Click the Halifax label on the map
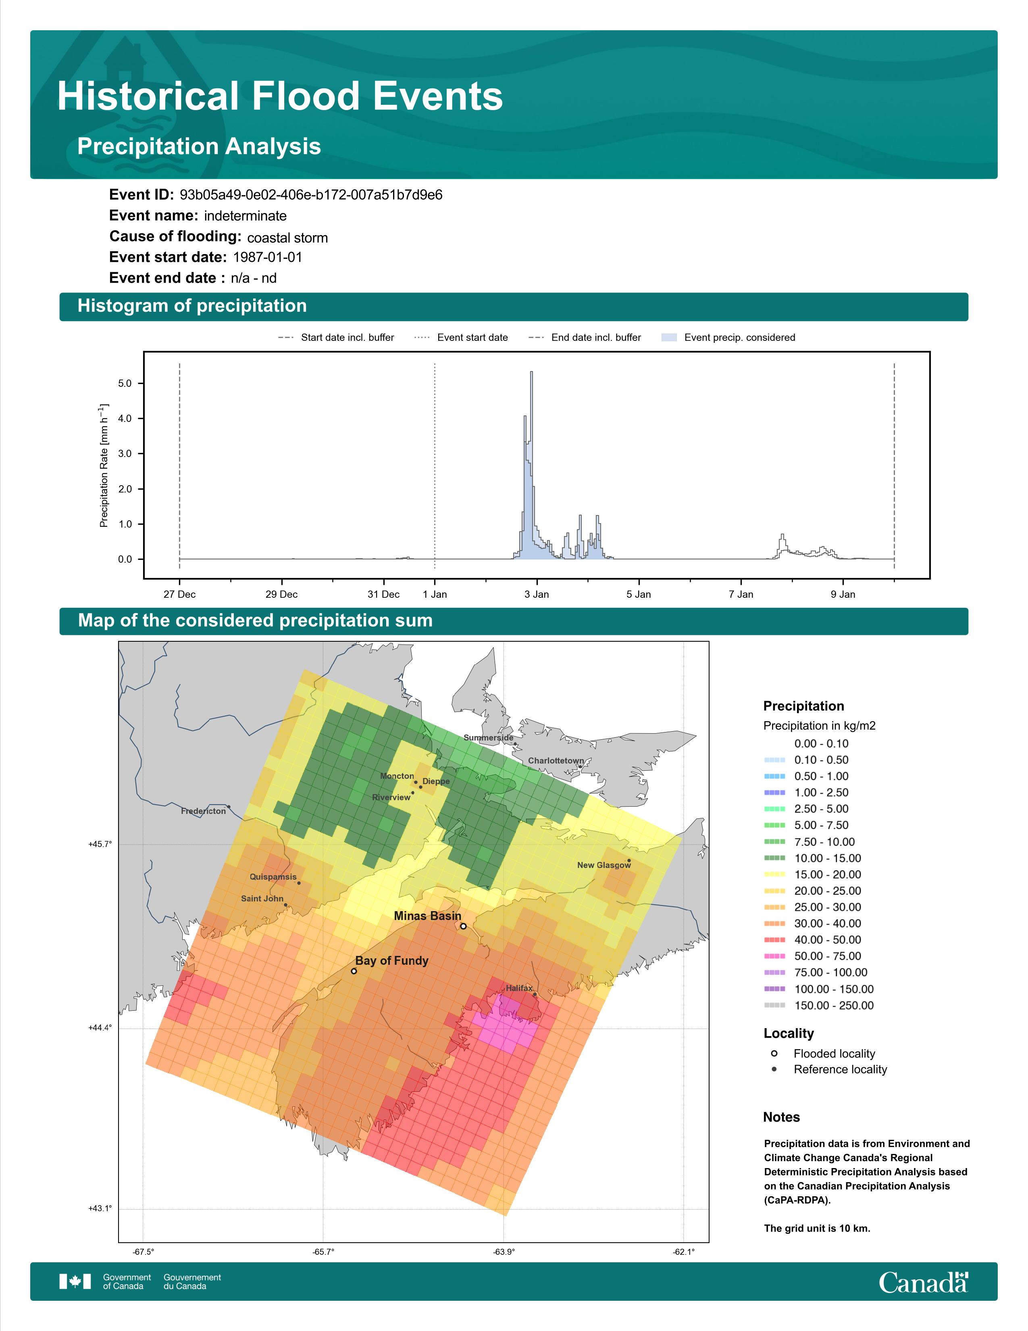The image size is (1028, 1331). click(519, 988)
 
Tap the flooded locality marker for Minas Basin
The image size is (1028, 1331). click(463, 926)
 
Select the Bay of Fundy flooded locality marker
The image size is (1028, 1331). click(354, 971)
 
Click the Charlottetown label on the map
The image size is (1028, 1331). click(556, 761)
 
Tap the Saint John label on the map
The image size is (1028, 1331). click(262, 898)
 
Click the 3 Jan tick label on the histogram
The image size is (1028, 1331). click(537, 594)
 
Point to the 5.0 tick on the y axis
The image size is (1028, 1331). click(125, 383)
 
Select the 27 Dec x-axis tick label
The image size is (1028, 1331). click(180, 594)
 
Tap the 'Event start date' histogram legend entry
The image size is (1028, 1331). click(472, 338)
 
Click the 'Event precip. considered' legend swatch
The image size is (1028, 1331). click(669, 337)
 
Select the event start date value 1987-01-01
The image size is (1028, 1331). click(267, 257)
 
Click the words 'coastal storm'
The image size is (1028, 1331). click(287, 238)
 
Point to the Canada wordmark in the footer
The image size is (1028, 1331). click(923, 1282)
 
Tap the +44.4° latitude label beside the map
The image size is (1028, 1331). click(100, 1028)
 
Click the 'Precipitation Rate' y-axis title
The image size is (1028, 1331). click(104, 465)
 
